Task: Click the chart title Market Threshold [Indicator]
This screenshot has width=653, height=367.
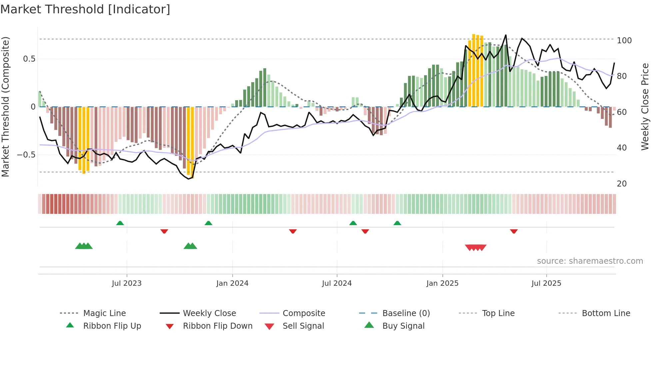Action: click(85, 9)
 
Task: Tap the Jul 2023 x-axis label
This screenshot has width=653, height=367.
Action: click(127, 283)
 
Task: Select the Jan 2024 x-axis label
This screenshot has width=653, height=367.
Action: click(232, 283)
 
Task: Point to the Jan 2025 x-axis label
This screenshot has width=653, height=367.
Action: click(442, 283)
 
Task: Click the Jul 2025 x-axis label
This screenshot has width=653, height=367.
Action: click(546, 283)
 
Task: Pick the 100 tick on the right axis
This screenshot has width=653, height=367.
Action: click(624, 41)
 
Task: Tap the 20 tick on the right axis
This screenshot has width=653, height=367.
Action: click(622, 184)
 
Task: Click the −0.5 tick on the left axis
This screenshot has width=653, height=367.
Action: click(26, 155)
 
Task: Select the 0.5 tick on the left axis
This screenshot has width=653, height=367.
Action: click(29, 59)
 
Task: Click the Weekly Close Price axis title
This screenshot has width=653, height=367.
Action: click(645, 107)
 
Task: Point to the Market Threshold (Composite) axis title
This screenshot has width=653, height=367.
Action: click(5, 107)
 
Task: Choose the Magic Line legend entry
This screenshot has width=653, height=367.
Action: click(104, 313)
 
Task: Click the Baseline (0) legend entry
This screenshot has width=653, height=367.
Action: click(406, 313)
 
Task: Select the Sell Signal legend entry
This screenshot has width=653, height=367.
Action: click(303, 326)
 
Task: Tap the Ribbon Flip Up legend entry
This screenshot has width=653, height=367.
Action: click(112, 326)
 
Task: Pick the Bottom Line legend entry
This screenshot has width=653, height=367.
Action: click(606, 313)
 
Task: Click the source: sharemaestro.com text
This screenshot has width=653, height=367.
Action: click(590, 261)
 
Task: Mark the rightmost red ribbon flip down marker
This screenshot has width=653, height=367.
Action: click(514, 231)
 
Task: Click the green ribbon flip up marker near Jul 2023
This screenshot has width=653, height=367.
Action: click(120, 223)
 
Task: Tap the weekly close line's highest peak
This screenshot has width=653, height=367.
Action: click(506, 35)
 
